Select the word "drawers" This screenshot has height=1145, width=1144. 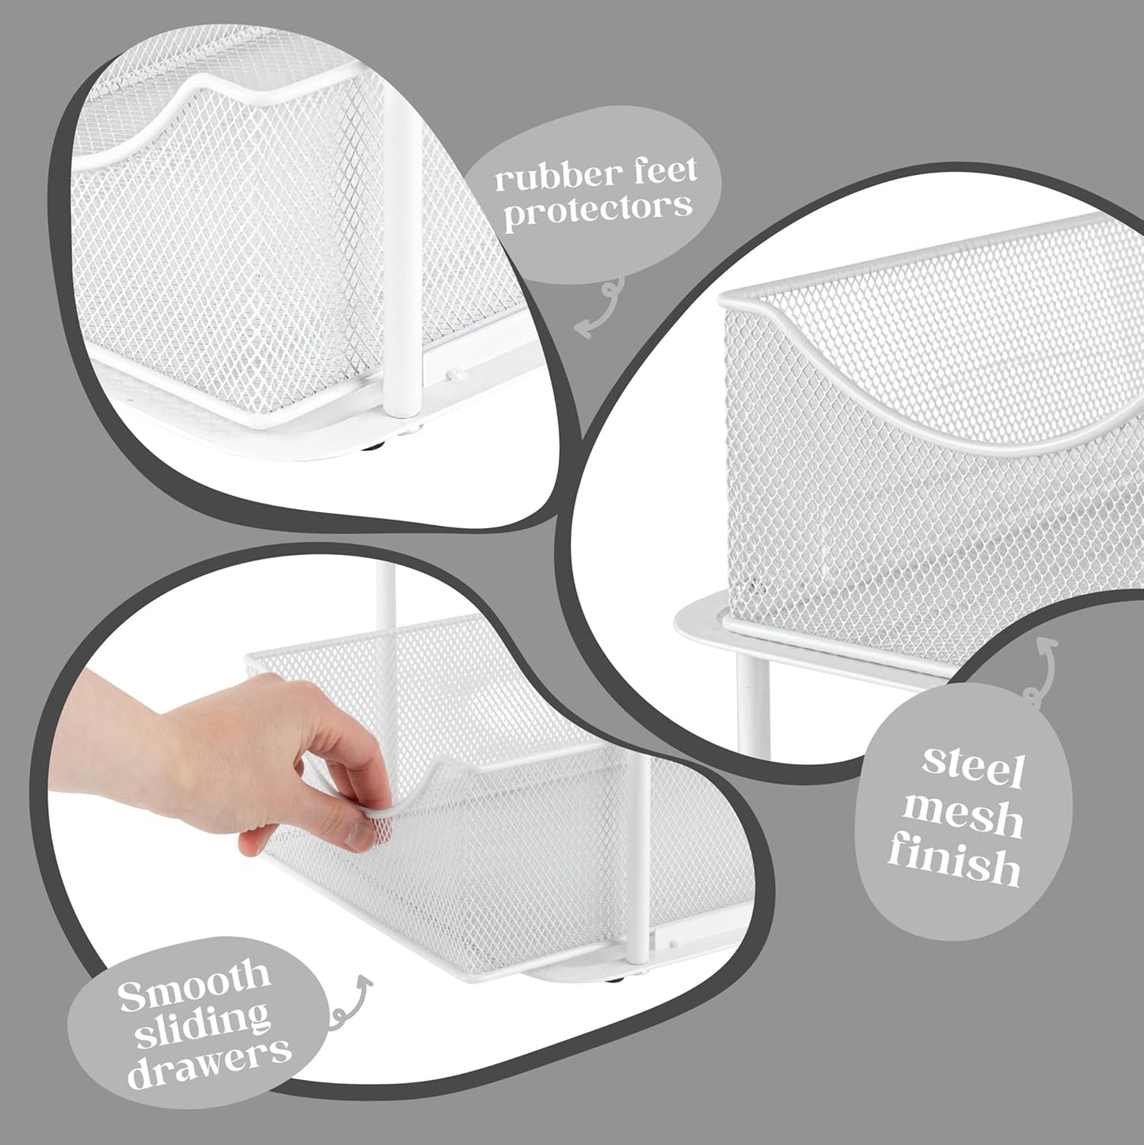click(x=209, y=1059)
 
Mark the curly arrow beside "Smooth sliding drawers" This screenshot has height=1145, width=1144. click(x=349, y=1001)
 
